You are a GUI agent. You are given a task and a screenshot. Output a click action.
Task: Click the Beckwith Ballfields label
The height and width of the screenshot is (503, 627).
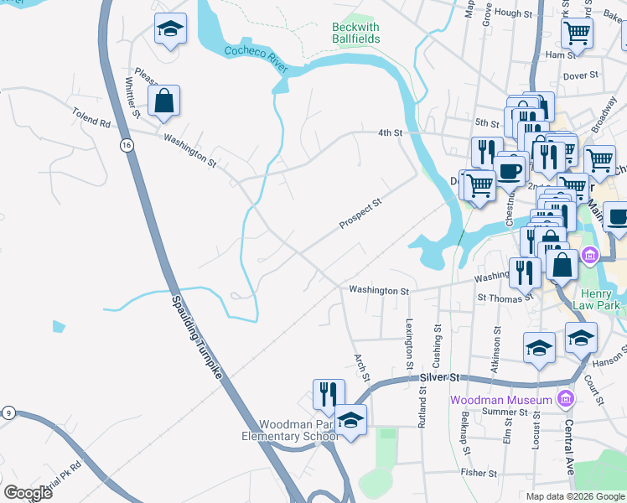[356, 33]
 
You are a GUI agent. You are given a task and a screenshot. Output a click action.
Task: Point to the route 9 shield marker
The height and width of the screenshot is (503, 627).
[8, 412]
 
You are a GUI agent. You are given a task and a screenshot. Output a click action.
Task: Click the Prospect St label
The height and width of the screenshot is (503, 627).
[360, 213]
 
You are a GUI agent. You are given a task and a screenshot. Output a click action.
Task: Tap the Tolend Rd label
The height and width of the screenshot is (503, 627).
[91, 117]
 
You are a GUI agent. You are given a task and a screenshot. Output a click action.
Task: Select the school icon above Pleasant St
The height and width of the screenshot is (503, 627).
[170, 30]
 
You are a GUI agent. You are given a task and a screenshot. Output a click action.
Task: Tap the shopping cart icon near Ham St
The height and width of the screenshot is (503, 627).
[576, 33]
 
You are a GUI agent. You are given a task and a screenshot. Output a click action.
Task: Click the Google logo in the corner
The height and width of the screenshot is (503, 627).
[28, 493]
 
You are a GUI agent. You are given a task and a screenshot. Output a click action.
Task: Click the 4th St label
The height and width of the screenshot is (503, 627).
[390, 132]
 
